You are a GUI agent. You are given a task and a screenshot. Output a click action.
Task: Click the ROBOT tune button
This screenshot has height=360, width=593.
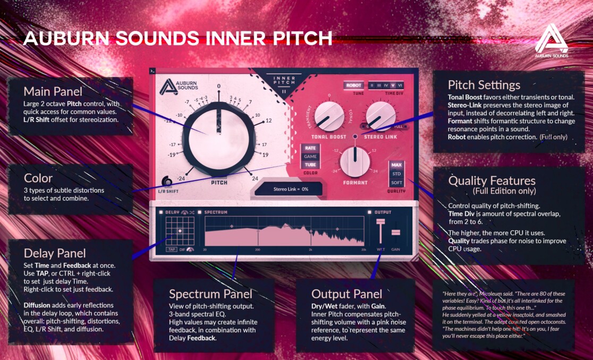354,85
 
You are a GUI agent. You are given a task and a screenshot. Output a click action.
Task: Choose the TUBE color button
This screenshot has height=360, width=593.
310,165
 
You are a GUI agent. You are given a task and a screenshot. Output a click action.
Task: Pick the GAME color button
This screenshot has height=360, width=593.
310,157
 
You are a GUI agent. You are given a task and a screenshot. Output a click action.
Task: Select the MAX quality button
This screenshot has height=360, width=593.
396,165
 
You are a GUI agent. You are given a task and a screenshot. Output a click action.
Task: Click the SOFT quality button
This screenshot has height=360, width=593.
396,182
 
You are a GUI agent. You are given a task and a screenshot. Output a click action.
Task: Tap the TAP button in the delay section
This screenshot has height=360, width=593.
171,249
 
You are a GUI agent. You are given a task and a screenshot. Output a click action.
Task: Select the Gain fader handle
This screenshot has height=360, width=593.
396,233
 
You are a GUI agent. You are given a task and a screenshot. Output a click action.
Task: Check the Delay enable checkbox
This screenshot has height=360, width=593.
162,212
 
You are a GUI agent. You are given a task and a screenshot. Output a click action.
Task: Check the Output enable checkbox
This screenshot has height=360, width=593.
370,212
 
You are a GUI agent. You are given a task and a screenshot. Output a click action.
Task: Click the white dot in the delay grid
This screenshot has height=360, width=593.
180,230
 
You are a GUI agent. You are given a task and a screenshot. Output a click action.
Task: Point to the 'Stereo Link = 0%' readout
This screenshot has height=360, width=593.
290,188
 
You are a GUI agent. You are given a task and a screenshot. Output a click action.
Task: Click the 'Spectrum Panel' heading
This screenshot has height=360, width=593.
210,294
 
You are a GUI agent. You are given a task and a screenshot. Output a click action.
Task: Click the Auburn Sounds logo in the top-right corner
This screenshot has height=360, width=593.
551,40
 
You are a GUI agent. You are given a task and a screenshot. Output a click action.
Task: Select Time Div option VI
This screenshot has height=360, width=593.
400,85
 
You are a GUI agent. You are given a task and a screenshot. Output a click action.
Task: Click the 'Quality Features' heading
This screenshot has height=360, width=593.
492,181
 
